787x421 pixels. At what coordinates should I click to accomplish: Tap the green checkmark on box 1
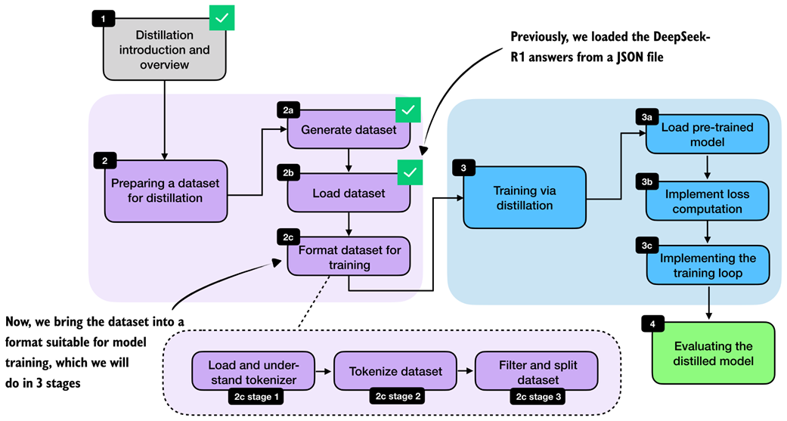[x=222, y=17]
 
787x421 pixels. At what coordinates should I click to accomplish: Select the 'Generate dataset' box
[x=348, y=129]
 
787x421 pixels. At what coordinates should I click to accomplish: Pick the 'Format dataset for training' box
[x=349, y=257]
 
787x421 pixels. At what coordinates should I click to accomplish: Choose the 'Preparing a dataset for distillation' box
[x=166, y=190]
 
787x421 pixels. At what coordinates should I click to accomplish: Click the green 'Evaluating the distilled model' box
[x=714, y=354]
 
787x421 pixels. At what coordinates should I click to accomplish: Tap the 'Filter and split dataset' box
[x=536, y=370]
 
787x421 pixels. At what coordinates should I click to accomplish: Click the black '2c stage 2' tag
[x=395, y=395]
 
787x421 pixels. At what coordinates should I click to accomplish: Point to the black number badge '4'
[x=652, y=324]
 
